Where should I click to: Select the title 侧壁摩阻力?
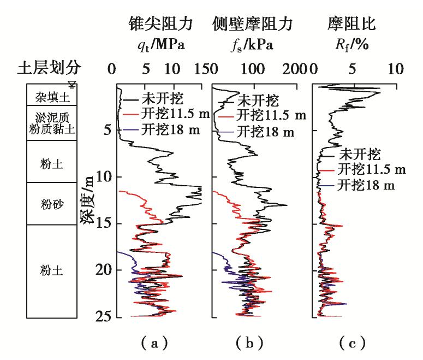[x=253, y=24]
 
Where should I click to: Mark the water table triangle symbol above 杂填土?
[x=72, y=84]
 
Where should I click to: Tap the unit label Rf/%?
[x=353, y=45]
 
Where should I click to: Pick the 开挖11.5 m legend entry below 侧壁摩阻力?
[x=267, y=116]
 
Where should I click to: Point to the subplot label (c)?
[x=352, y=343]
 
